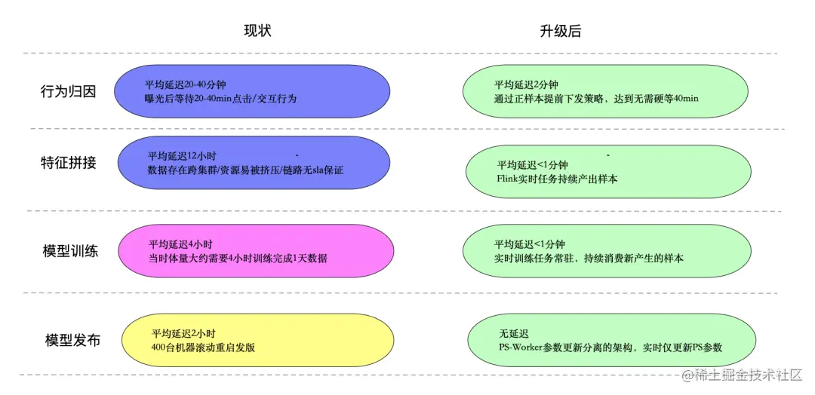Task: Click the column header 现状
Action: point(257,31)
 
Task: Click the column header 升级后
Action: point(561,31)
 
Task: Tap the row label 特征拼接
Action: point(69,162)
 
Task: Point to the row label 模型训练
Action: point(70,251)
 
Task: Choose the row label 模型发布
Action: point(72,340)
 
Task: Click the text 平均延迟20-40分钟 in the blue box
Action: point(185,85)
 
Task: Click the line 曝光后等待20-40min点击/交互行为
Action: point(220,99)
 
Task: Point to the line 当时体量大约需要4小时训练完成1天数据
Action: point(238,259)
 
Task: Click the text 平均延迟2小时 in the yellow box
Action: point(183,333)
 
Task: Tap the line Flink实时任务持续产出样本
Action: point(557,179)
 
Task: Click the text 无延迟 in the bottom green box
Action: point(514,333)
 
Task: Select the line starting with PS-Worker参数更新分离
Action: point(610,348)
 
